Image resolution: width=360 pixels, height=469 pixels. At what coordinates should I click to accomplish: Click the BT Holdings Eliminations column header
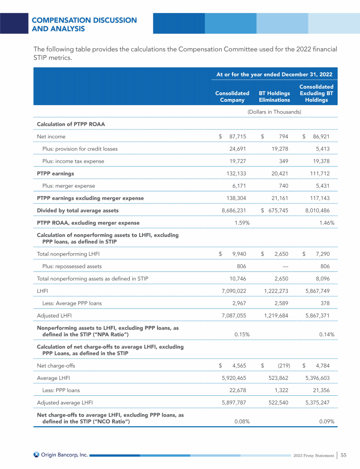click(274, 97)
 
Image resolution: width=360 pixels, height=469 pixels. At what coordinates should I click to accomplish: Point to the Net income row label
click(51, 136)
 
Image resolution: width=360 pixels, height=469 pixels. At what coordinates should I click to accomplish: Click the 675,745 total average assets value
click(278, 211)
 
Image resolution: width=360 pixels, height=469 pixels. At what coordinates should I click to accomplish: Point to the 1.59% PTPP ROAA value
click(241, 223)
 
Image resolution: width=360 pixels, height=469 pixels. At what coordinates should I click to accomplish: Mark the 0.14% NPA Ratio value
click(326, 334)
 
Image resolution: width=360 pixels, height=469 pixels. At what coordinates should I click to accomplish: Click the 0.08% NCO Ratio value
click(241, 421)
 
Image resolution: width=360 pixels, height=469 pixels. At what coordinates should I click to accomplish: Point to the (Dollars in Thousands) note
click(274, 112)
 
